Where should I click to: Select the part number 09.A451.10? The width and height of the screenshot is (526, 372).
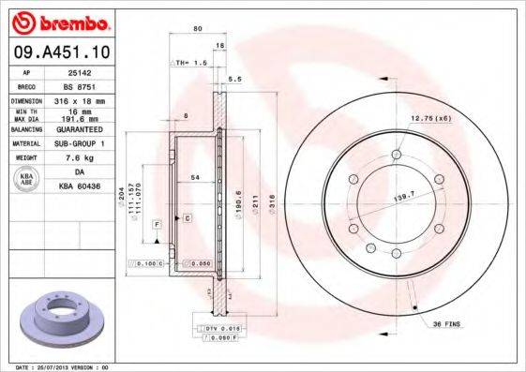click(x=58, y=53)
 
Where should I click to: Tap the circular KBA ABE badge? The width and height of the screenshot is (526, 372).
click(x=25, y=179)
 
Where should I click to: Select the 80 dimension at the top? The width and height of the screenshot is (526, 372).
click(x=198, y=29)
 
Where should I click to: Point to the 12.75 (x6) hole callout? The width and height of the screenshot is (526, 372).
click(x=430, y=118)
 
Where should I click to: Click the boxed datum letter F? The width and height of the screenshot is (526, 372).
click(x=158, y=225)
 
